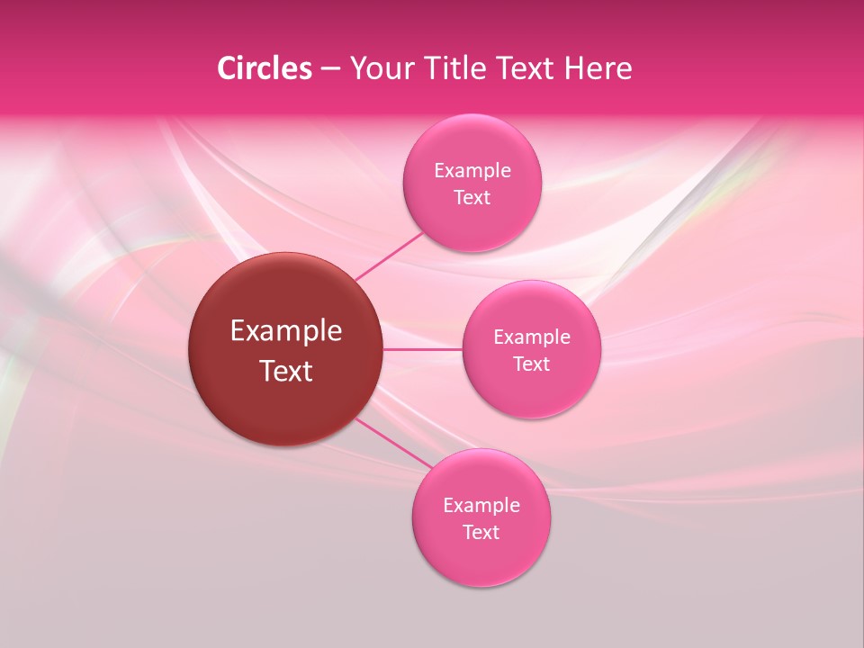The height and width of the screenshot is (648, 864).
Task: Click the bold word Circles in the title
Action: point(265,68)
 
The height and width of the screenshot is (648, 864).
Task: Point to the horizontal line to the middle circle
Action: point(422,349)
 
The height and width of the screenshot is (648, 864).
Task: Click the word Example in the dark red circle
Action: point(286,331)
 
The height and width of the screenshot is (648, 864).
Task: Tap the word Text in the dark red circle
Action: point(286,371)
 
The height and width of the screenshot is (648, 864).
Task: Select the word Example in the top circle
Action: point(472,171)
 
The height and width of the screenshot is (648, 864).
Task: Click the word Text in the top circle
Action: point(472,198)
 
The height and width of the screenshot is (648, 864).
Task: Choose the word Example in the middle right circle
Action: point(531,337)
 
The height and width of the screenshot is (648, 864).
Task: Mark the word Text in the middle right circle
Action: point(531,364)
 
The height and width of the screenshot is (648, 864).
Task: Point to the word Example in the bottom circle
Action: point(481,506)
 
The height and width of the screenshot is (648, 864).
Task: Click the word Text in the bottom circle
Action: point(481,533)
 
